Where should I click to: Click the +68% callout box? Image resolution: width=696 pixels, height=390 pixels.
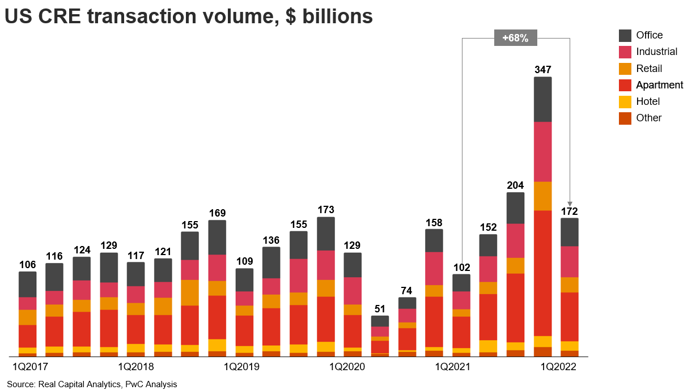click(515, 38)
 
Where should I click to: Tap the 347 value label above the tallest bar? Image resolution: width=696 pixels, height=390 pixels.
click(542, 70)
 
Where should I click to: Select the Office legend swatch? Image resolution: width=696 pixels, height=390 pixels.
click(625, 36)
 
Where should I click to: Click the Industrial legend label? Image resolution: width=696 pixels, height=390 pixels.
click(656, 52)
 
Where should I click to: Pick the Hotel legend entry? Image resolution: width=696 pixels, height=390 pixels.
click(648, 101)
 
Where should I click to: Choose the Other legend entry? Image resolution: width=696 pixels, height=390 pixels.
click(648, 118)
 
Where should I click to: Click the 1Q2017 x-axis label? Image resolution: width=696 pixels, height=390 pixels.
click(27, 367)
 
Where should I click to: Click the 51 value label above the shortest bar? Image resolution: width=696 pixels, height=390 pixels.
click(380, 309)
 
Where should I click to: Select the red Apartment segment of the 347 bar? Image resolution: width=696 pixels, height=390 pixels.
click(542, 273)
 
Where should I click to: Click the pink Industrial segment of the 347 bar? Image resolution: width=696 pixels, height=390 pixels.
click(542, 151)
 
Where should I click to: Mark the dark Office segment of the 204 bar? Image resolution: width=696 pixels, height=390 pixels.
click(515, 207)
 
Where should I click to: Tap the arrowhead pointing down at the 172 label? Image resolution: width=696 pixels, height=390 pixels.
click(570, 204)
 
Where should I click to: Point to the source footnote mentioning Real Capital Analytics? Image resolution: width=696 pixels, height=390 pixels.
click(92, 384)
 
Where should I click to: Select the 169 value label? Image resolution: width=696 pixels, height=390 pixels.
click(217, 213)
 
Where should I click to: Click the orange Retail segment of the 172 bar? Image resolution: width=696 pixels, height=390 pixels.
click(570, 285)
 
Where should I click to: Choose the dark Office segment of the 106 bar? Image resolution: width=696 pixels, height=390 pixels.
click(27, 284)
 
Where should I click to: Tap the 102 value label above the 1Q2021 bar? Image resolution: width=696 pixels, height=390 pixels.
click(461, 268)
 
